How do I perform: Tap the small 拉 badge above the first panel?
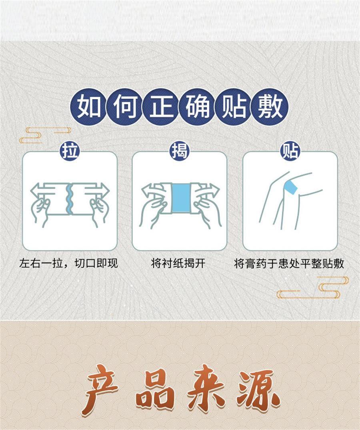(70, 151)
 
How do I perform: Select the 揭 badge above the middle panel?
(180, 151)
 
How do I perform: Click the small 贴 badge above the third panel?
(290, 151)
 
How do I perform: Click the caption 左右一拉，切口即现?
(69, 264)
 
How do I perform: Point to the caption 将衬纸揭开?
(180, 264)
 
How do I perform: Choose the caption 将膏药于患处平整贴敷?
(289, 264)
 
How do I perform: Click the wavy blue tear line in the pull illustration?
(70, 198)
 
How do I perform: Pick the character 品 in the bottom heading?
(154, 390)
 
